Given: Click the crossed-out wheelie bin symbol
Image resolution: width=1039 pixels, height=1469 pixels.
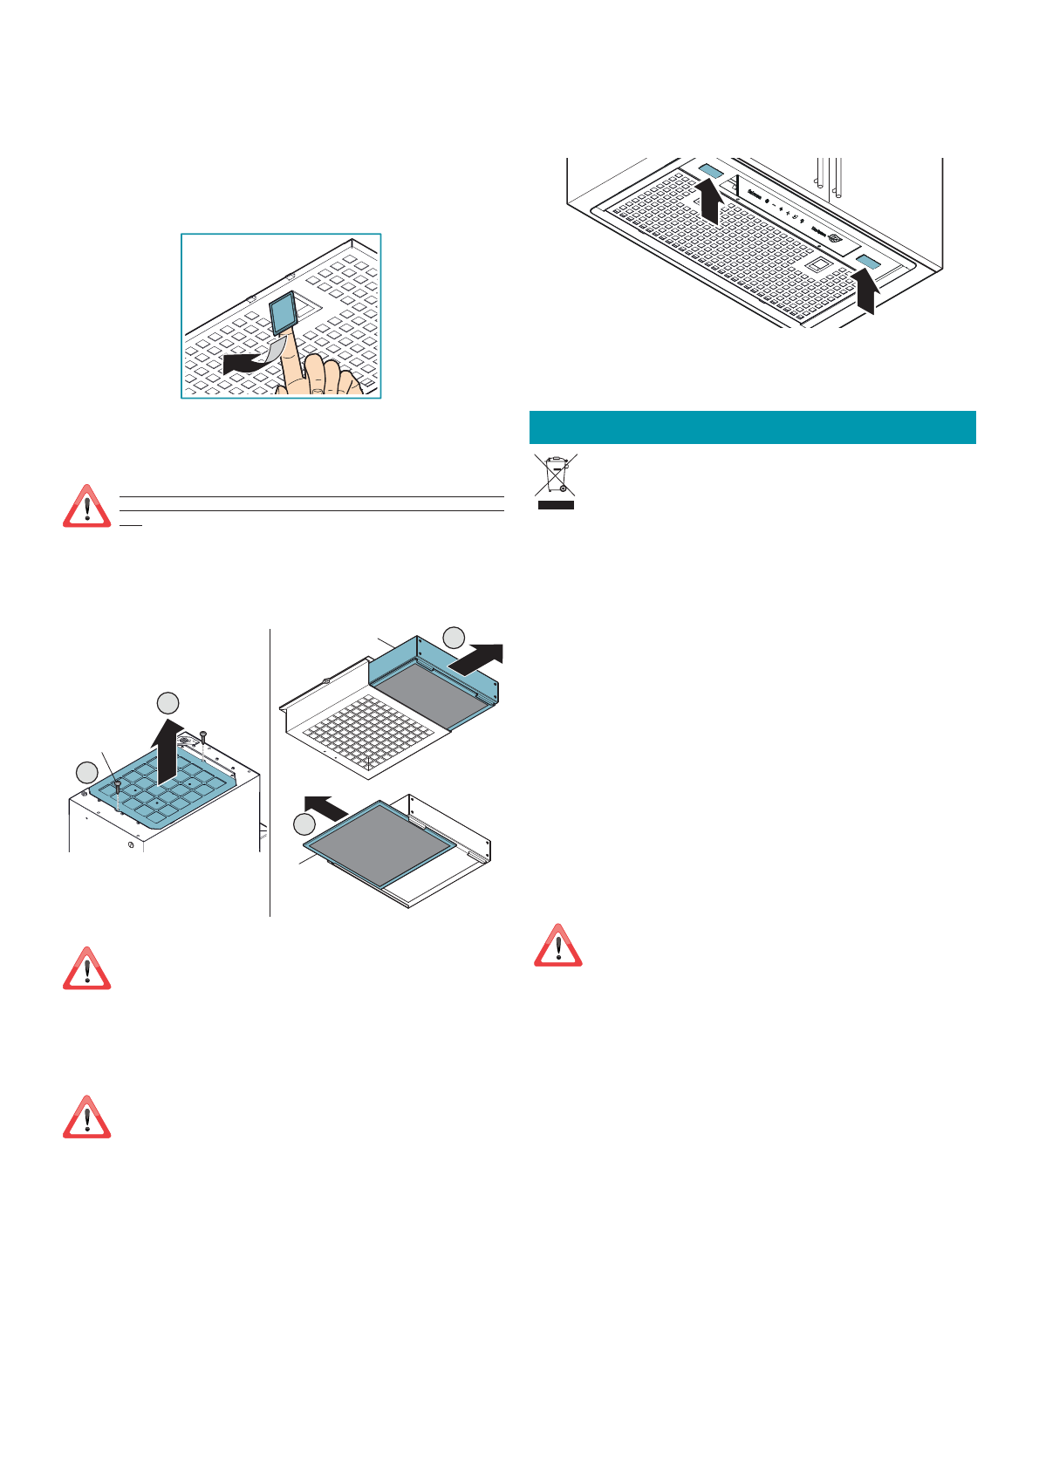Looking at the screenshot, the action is [x=555, y=481].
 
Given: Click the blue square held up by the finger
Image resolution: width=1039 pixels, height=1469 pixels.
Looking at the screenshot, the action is [x=283, y=312].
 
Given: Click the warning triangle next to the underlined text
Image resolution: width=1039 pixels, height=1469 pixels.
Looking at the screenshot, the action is [x=86, y=507].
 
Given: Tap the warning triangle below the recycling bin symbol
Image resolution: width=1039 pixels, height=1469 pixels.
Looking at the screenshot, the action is [x=557, y=946].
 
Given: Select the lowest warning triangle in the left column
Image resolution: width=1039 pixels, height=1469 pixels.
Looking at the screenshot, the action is [x=86, y=1117].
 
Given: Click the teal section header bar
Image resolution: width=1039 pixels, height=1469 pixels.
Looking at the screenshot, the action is [x=752, y=427].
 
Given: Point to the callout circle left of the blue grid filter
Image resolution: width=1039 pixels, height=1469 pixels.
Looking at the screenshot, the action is [x=85, y=772].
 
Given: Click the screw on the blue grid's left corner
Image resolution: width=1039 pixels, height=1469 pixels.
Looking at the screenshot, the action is [x=118, y=786].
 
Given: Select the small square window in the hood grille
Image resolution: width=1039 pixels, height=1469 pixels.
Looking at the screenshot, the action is [x=817, y=264].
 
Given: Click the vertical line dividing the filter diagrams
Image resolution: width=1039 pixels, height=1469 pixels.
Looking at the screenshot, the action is [x=270, y=772].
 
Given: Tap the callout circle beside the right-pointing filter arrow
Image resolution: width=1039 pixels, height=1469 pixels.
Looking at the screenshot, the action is [x=454, y=638].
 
